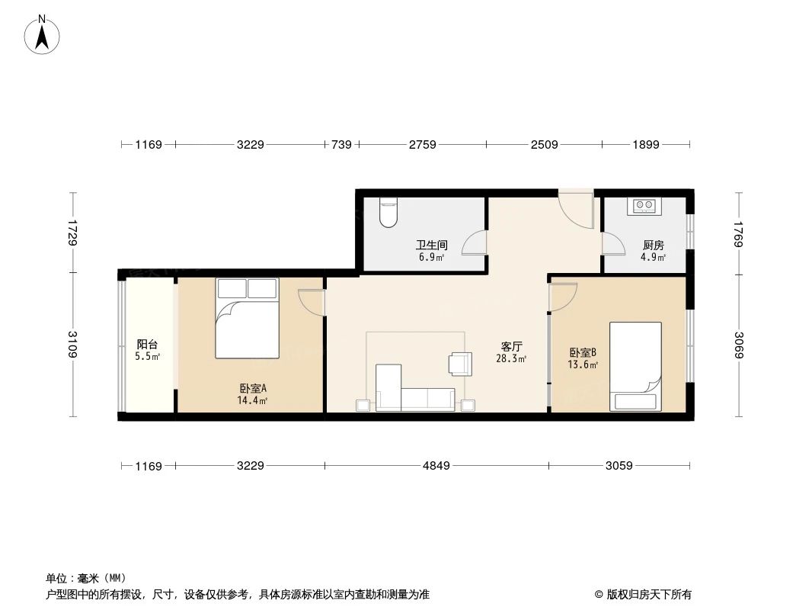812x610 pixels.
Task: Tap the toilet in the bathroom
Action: [x=388, y=213]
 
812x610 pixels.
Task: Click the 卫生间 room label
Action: [x=430, y=246]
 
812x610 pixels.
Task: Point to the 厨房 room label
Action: [x=654, y=246]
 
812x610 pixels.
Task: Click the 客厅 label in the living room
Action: [x=511, y=346]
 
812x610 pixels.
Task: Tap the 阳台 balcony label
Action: [x=147, y=345]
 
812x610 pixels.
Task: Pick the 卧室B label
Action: [x=583, y=353]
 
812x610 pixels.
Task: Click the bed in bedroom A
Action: [x=248, y=318]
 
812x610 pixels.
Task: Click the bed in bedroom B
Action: [x=635, y=367]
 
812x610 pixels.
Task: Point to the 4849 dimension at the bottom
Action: [x=437, y=466]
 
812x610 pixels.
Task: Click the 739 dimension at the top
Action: [x=341, y=144]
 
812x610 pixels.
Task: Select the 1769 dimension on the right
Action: [x=738, y=234]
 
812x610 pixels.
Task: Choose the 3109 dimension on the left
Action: [x=72, y=345]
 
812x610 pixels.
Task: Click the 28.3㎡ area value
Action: [x=511, y=358]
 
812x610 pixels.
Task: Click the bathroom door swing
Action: [x=475, y=242]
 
